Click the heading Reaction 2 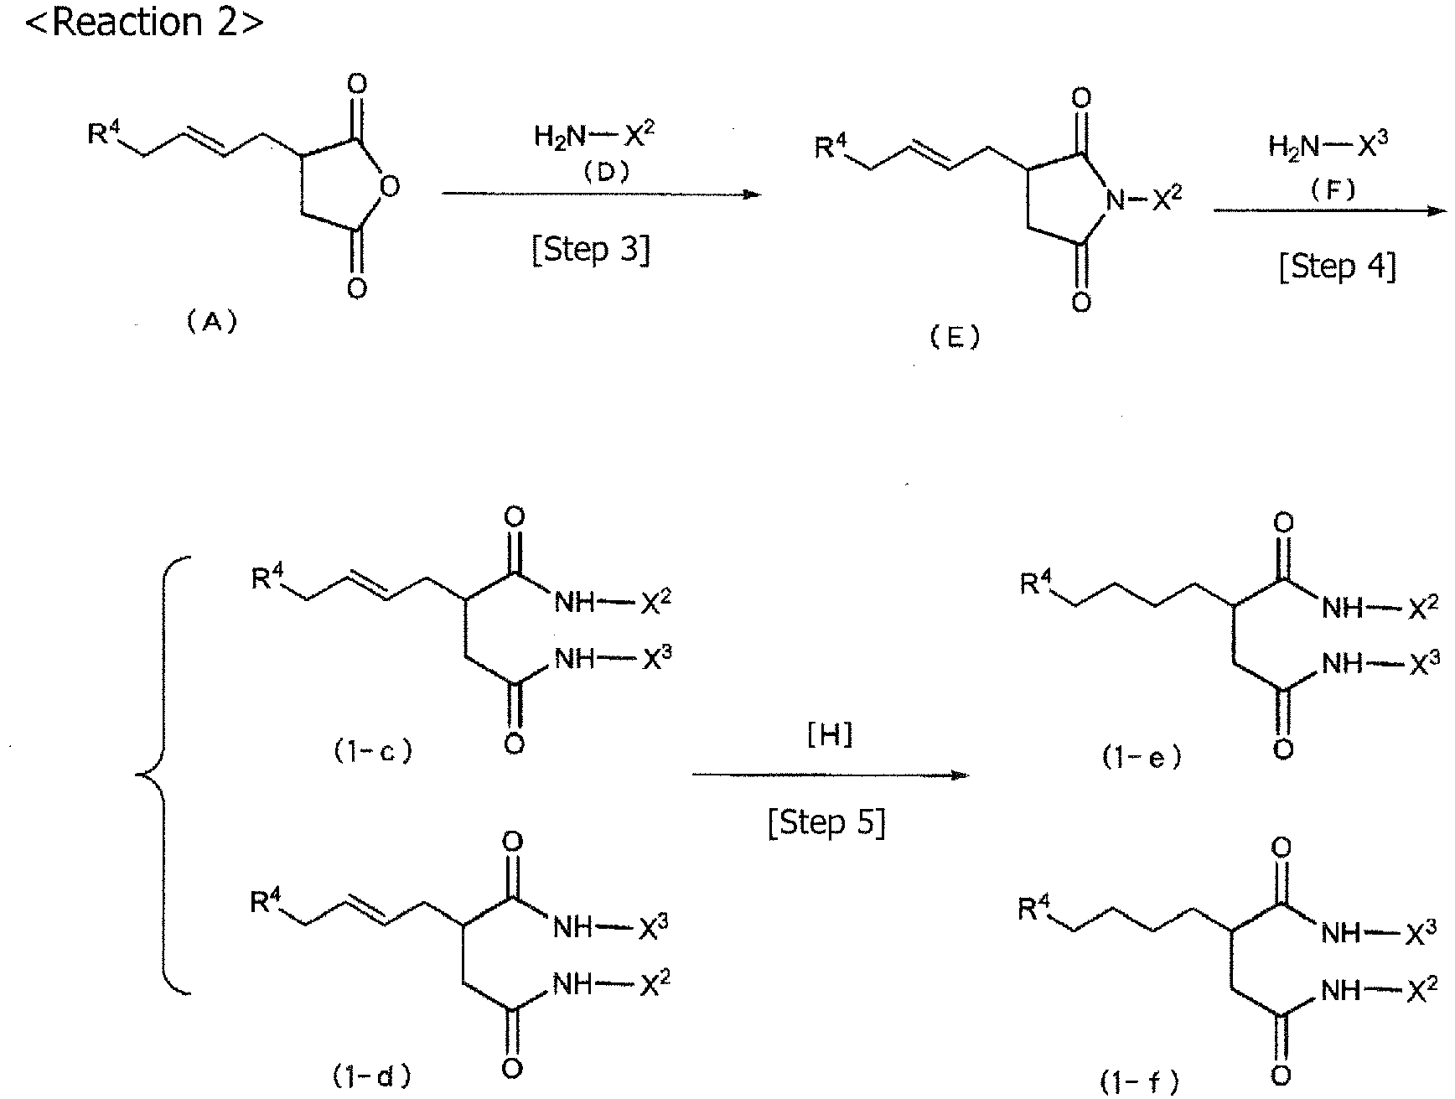(144, 22)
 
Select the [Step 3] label (591, 250)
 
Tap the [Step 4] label (1338, 267)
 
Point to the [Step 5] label (826, 822)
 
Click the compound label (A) (212, 322)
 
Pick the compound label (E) (955, 337)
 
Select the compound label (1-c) (373, 751)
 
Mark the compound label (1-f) (1141, 1081)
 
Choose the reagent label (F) (1333, 189)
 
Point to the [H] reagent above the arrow (830, 735)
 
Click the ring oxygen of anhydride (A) (386, 186)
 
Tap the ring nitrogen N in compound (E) (1115, 200)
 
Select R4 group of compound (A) (104, 132)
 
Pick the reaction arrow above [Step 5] (830, 775)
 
